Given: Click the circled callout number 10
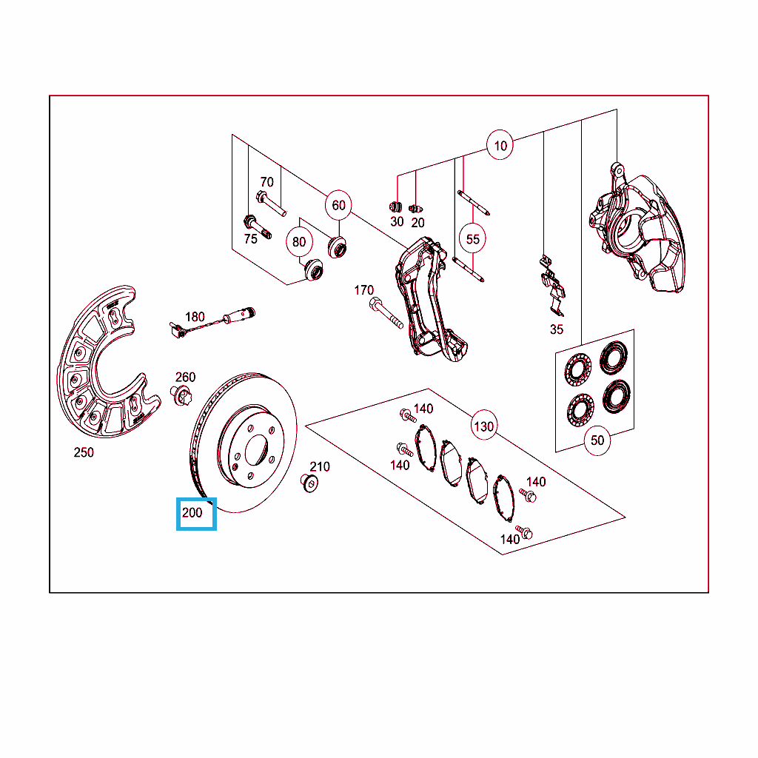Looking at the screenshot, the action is pyautogui.click(x=500, y=145).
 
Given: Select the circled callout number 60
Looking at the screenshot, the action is pyautogui.click(x=338, y=206).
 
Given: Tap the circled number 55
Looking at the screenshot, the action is pyautogui.click(x=472, y=239).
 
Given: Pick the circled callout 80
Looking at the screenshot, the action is pyautogui.click(x=299, y=242).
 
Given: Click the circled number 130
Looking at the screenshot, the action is pyautogui.click(x=484, y=426).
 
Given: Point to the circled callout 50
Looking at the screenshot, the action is pyautogui.click(x=597, y=440).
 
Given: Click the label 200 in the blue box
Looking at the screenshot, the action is pyautogui.click(x=192, y=512).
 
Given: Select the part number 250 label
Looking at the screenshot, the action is pyautogui.click(x=84, y=452).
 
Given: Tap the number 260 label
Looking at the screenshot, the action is pyautogui.click(x=185, y=377).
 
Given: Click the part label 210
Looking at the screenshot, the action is pyautogui.click(x=320, y=466).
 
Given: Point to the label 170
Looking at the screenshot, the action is pyautogui.click(x=363, y=290).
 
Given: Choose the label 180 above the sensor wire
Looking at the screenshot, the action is pyautogui.click(x=195, y=317).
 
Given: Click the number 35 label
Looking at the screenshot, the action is pyautogui.click(x=557, y=329).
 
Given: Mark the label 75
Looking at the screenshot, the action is pyautogui.click(x=250, y=239).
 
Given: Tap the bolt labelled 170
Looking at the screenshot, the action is pyautogui.click(x=386, y=312).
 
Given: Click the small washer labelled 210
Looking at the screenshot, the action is pyautogui.click(x=309, y=483).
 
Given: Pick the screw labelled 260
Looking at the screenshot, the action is pyautogui.click(x=181, y=395).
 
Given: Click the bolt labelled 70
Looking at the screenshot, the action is pyautogui.click(x=271, y=204).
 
